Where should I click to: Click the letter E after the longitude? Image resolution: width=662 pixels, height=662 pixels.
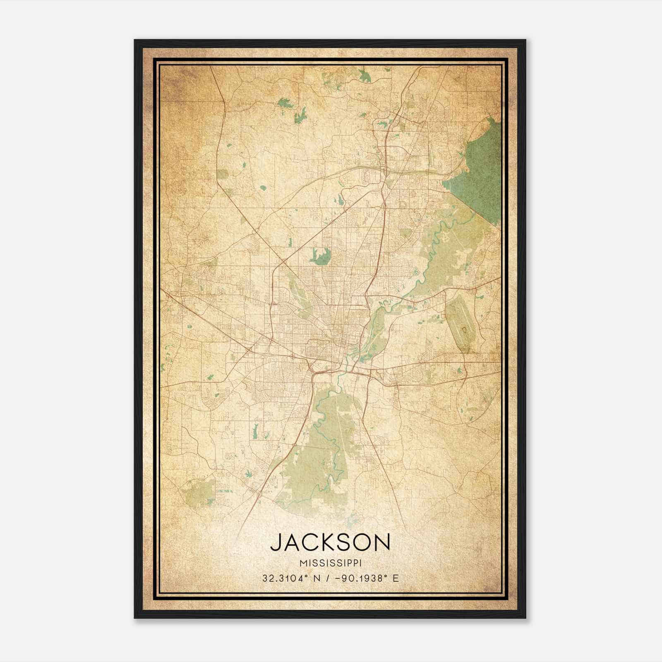(x=396, y=578)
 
